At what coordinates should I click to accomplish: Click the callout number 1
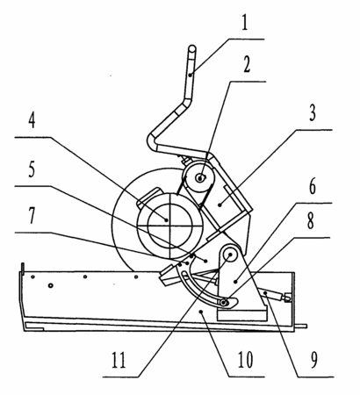[x=245, y=23]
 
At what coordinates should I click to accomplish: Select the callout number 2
[x=247, y=65]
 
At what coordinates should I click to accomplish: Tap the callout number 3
[x=313, y=113]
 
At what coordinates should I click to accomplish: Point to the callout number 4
[x=32, y=120]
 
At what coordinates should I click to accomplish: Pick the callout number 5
[x=32, y=169]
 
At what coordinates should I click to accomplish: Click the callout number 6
[x=313, y=187]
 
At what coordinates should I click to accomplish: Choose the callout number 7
[x=32, y=215]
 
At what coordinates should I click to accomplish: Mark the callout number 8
[x=311, y=221]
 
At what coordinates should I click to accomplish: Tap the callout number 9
[x=313, y=360]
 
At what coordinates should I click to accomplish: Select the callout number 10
[x=245, y=360]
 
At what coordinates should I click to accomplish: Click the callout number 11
[x=119, y=360]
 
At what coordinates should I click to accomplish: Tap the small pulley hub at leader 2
[x=200, y=177]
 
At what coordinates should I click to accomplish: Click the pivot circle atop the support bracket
[x=230, y=255]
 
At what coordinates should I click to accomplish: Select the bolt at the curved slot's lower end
[x=224, y=303]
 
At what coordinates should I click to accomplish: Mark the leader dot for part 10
[x=200, y=312]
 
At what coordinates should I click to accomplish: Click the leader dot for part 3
[x=220, y=205]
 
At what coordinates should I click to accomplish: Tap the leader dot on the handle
[x=191, y=75]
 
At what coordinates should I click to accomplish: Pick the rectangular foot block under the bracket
[x=241, y=315]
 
